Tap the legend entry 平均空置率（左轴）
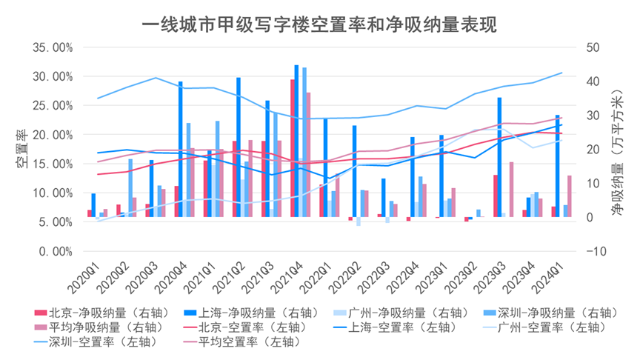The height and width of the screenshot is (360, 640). [x=230, y=341]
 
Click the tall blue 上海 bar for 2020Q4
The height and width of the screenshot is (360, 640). [x=181, y=149]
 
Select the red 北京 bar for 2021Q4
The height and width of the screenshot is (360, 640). [x=292, y=148]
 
